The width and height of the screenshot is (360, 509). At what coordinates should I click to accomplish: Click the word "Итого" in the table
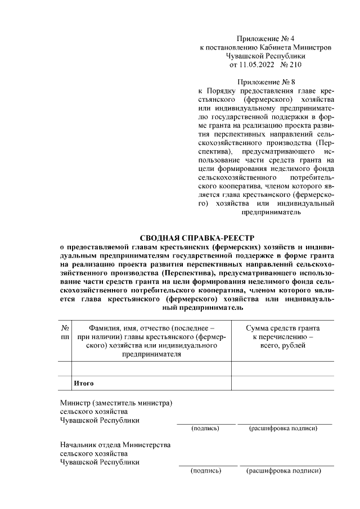82,383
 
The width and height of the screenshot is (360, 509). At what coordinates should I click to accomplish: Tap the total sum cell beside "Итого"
282,383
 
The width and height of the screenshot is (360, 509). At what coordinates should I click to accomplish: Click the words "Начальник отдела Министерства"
115,445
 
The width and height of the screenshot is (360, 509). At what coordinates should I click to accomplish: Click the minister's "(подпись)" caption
205,429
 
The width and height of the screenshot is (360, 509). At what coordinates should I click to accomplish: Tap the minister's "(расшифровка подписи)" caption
283,429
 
